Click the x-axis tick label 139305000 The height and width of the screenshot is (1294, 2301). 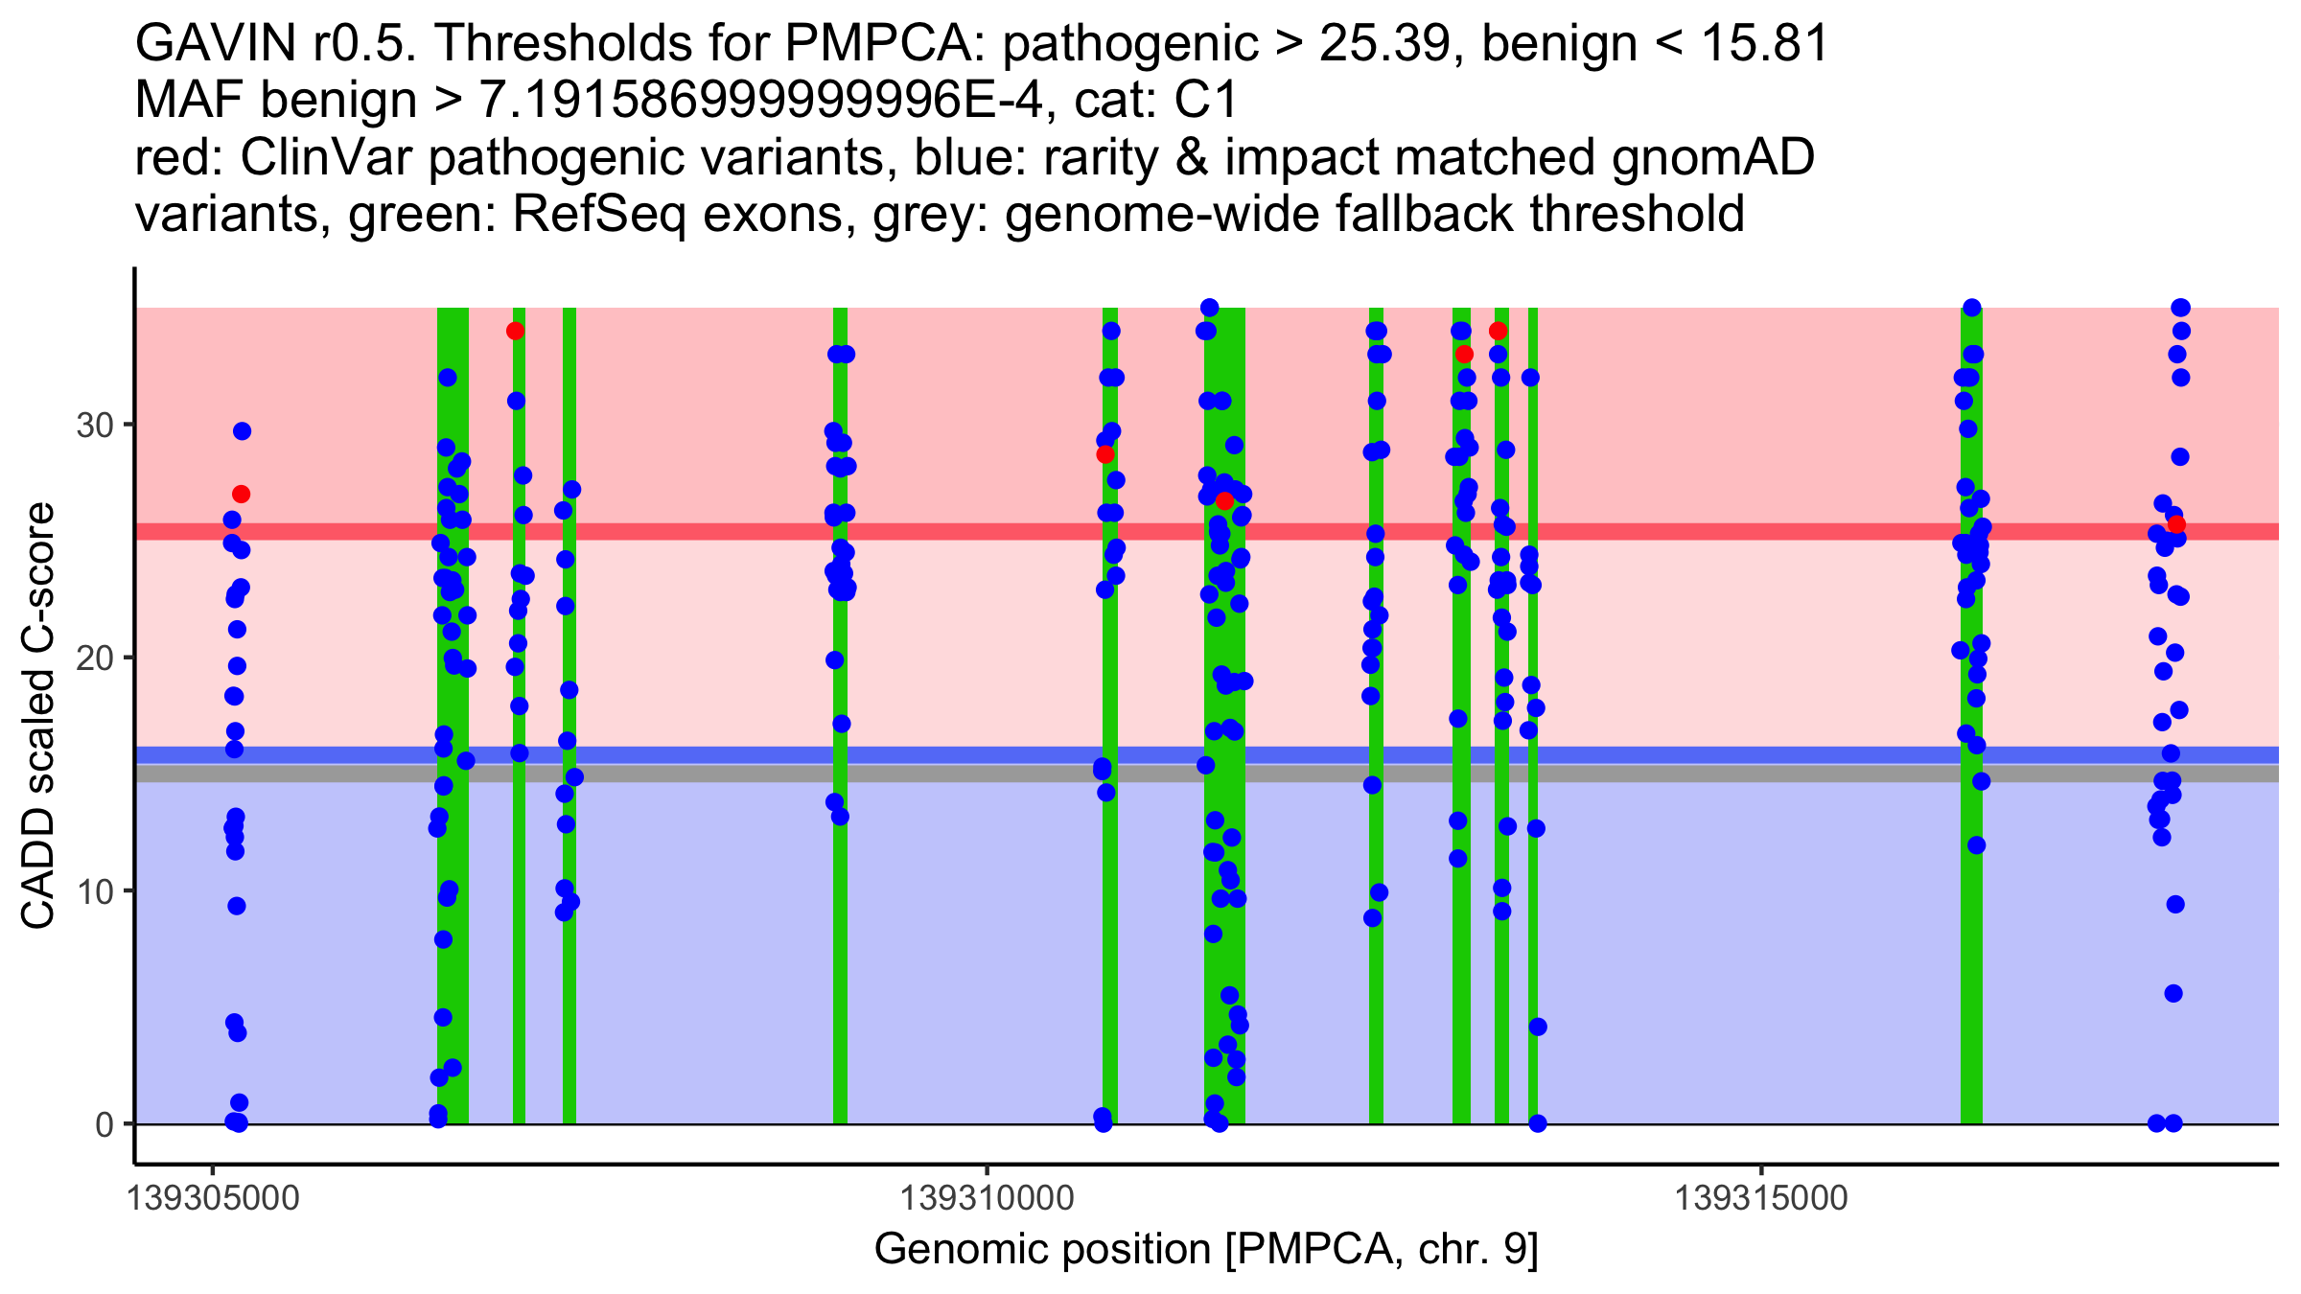[213, 1198]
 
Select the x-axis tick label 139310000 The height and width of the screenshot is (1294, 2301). [987, 1198]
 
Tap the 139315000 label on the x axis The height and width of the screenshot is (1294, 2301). [1760, 1198]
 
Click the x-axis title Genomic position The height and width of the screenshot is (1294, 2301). [1205, 1250]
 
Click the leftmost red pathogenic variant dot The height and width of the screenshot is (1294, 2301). [241, 495]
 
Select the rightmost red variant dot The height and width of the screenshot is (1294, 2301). [2176, 524]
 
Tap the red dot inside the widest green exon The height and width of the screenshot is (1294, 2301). [1224, 501]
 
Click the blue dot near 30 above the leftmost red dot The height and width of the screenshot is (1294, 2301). [242, 431]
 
